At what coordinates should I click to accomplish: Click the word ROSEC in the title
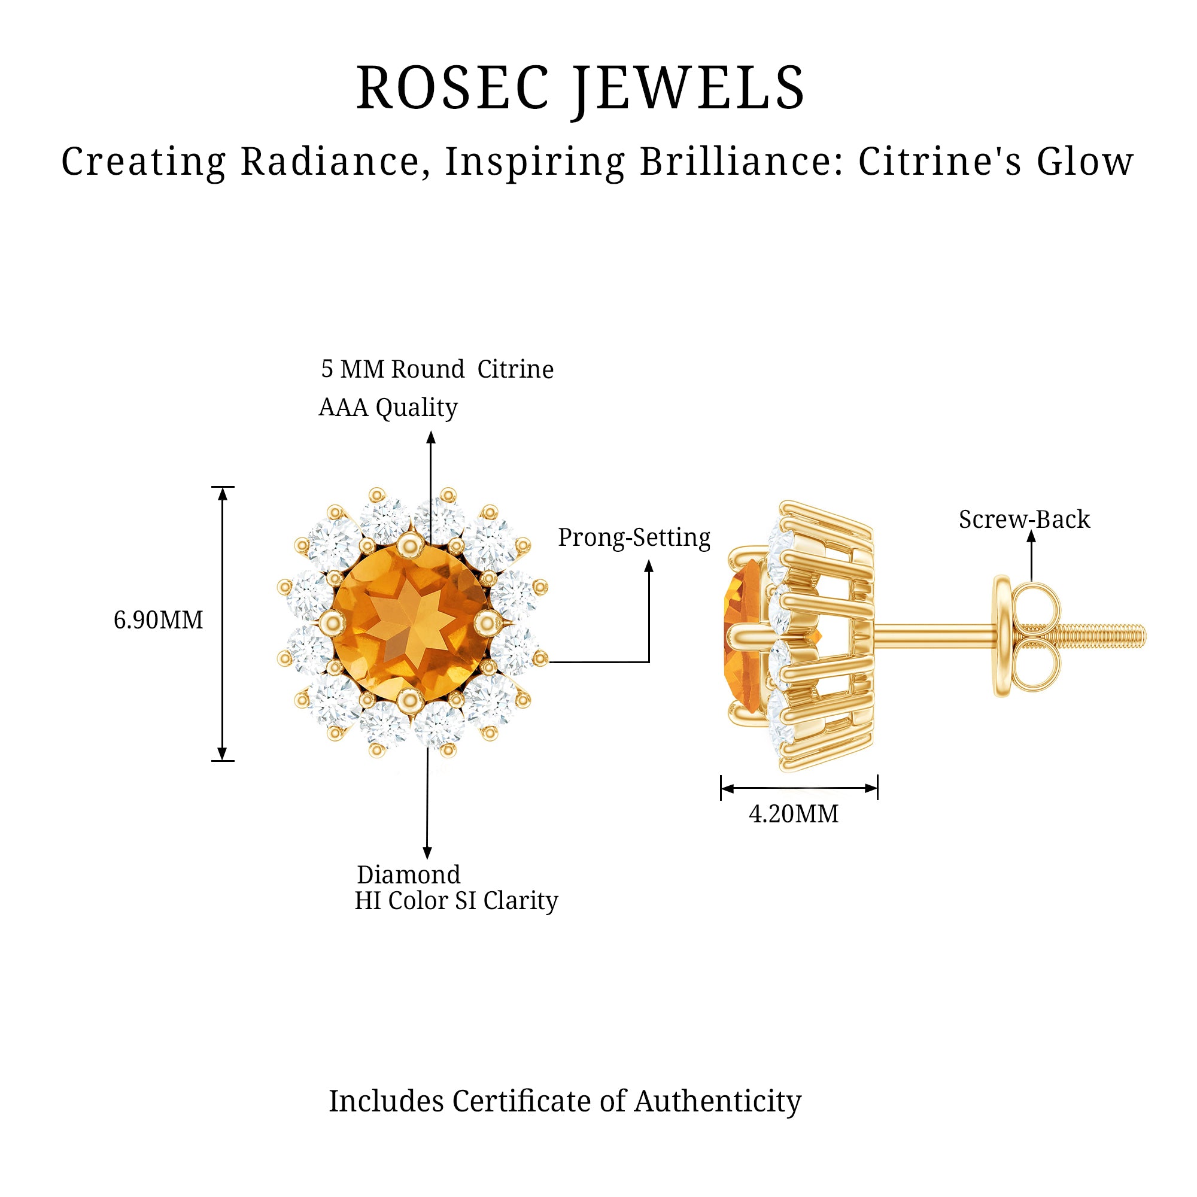(453, 88)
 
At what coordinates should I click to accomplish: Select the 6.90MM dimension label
(159, 619)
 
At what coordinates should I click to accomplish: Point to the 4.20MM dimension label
(794, 813)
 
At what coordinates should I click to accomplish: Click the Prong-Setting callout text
(634, 537)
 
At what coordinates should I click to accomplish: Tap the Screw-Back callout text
(1024, 519)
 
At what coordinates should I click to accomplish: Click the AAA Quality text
(388, 407)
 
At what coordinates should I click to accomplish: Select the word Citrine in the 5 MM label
(515, 369)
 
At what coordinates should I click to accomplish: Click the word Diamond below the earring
(409, 875)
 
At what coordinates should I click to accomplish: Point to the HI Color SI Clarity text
(456, 901)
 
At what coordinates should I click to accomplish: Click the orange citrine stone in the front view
(411, 622)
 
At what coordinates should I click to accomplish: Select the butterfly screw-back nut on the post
(1026, 636)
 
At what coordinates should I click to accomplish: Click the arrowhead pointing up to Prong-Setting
(649, 566)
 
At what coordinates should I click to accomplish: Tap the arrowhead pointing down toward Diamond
(427, 852)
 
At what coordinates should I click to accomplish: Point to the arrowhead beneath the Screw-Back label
(1031, 536)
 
